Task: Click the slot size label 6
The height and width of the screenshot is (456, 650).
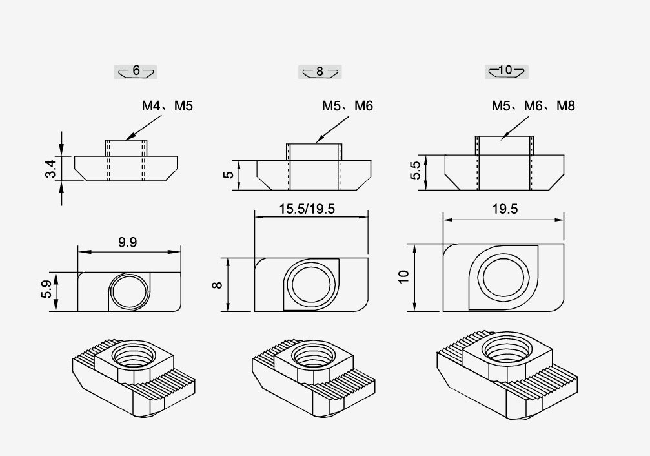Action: pos(136,71)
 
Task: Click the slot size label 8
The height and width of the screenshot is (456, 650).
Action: pos(320,72)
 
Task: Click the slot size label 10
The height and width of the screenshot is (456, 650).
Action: pos(506,70)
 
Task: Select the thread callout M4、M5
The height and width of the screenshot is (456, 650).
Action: pos(167,106)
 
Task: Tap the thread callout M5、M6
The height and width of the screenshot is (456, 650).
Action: pos(347,106)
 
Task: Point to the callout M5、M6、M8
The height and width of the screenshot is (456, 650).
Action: pos(533,106)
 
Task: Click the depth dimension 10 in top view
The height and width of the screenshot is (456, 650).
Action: pos(403,276)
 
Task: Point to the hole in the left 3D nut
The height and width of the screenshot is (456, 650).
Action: pos(133,355)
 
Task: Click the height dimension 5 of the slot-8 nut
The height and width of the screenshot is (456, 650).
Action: pos(228,175)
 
